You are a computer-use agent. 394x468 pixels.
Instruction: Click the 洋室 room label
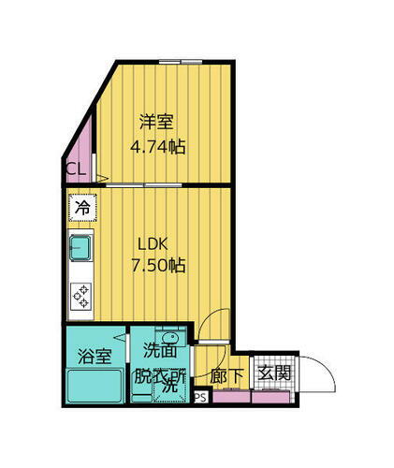tap(157, 122)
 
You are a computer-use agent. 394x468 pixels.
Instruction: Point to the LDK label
tap(152, 243)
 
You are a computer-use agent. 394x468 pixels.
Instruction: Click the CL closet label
tap(77, 169)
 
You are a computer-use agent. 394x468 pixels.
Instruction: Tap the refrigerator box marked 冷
tap(82, 208)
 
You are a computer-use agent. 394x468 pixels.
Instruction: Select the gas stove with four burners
tap(82, 296)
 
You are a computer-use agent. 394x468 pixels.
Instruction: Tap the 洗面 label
tap(158, 351)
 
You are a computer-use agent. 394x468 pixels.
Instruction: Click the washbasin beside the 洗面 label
tap(169, 339)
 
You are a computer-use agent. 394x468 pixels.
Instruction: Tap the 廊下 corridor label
tap(227, 375)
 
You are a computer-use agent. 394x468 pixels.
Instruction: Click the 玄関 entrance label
tap(274, 373)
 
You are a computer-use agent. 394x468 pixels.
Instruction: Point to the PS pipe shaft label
tap(199, 397)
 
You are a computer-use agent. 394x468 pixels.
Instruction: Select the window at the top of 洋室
tap(181, 62)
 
